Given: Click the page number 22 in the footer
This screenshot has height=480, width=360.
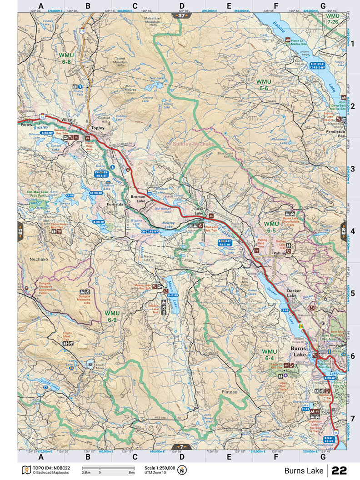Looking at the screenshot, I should (x=340, y=470).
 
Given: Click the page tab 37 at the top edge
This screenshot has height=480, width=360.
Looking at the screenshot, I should (x=181, y=15).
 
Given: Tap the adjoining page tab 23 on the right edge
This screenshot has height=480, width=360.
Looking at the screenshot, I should (x=343, y=230).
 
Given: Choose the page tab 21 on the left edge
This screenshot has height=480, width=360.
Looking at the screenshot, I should (x=20, y=230).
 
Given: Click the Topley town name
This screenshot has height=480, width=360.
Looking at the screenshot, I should (x=98, y=128).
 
